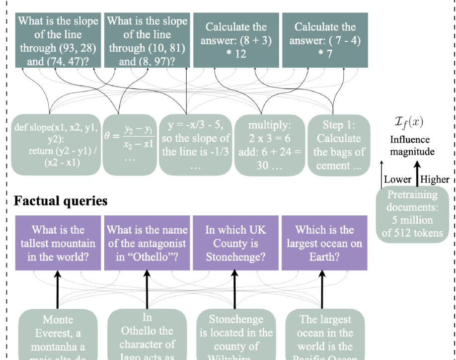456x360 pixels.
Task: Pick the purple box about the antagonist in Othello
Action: coord(147,244)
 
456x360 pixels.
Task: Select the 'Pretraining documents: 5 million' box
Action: coord(412,214)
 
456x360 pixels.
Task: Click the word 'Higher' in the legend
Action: coord(435,180)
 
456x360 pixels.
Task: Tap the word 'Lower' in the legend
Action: coord(398,180)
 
